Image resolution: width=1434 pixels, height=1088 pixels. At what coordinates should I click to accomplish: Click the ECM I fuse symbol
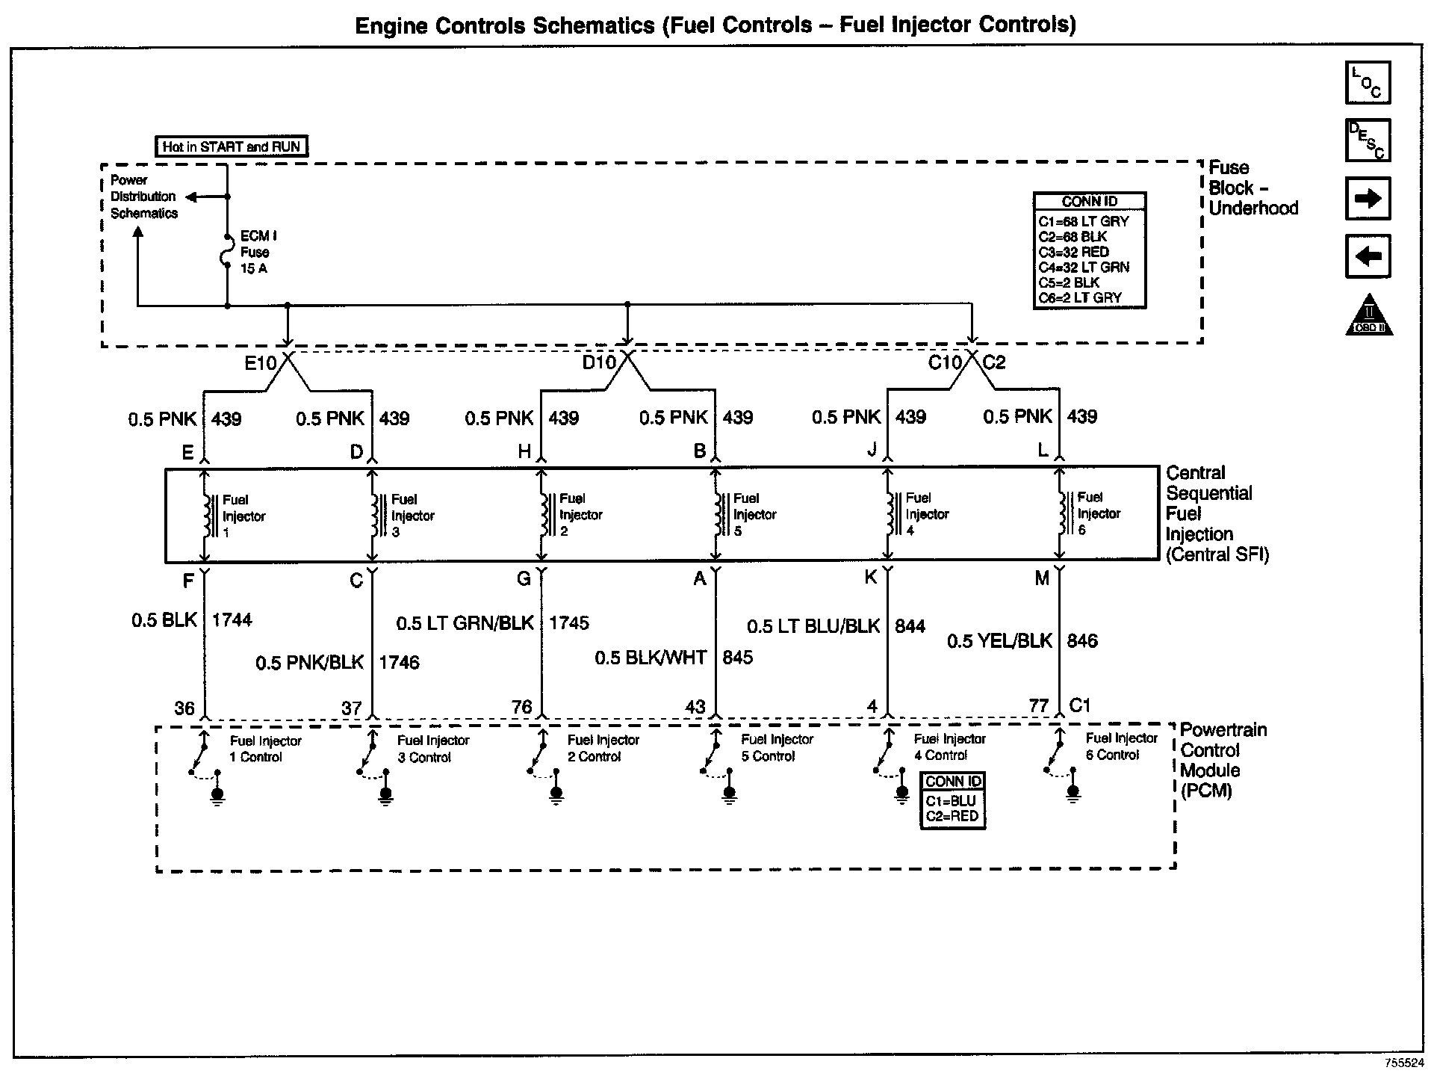pos(227,251)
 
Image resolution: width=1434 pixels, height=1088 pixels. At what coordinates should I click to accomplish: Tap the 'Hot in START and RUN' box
pos(231,146)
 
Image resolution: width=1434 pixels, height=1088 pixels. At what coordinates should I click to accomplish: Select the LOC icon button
pos(1368,82)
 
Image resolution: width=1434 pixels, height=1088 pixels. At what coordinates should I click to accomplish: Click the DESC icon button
pos(1368,140)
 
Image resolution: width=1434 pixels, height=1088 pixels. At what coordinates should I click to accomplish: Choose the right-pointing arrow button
pos(1368,198)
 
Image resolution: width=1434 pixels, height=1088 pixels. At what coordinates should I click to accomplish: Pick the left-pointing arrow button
pos(1368,256)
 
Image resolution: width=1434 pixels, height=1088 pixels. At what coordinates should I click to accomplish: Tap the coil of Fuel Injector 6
pos(1061,513)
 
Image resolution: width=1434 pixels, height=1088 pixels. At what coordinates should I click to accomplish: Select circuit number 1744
pos(232,619)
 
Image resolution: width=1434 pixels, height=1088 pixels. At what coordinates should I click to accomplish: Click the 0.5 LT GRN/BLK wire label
pos(465,623)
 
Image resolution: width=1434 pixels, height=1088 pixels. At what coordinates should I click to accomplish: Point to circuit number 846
pos(1082,640)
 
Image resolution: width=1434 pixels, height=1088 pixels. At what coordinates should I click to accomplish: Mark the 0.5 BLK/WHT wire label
pos(651,658)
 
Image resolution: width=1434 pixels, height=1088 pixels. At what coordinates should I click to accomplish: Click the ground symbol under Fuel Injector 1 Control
pos(217,795)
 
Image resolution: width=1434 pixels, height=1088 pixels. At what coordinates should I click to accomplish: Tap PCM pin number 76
pos(521,706)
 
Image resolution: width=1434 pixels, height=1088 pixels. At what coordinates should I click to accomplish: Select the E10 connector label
pos(261,363)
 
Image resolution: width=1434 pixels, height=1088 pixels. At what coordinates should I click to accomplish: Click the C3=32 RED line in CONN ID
pos(1073,252)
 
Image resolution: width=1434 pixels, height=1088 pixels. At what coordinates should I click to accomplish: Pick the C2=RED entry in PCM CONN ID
pos(952,816)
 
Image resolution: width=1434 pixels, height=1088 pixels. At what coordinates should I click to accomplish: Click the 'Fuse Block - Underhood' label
pos(1253,188)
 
